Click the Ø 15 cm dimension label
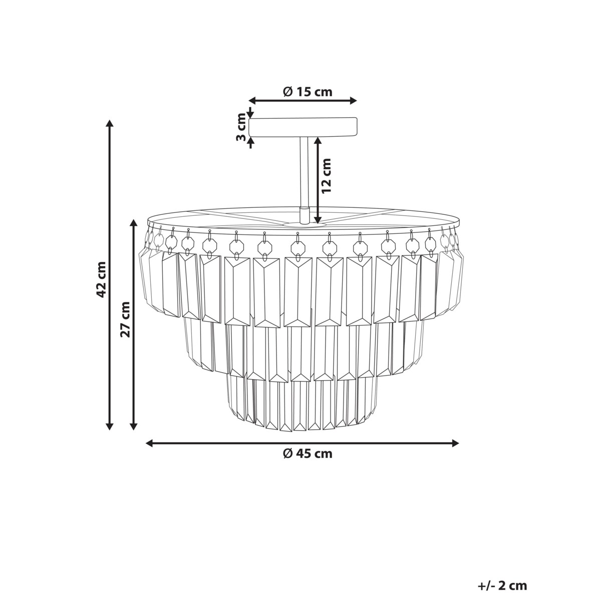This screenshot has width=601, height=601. click(x=308, y=92)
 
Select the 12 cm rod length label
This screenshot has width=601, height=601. click(x=326, y=176)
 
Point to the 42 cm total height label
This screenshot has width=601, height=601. click(x=102, y=279)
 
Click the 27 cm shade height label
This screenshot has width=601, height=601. click(x=126, y=320)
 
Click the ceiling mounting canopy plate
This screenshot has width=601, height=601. click(x=303, y=127)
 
